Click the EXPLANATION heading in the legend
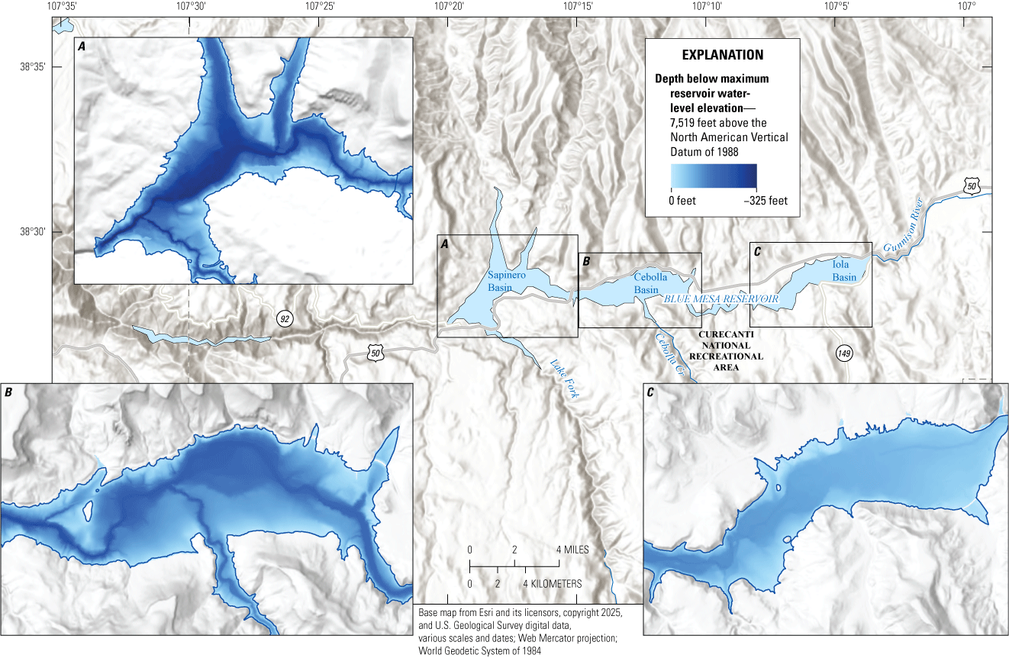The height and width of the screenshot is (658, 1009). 722,55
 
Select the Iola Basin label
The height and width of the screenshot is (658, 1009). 844,271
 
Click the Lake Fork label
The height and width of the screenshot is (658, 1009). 564,379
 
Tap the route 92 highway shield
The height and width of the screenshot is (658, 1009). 285,319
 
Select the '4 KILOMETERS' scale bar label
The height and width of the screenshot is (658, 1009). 553,584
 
